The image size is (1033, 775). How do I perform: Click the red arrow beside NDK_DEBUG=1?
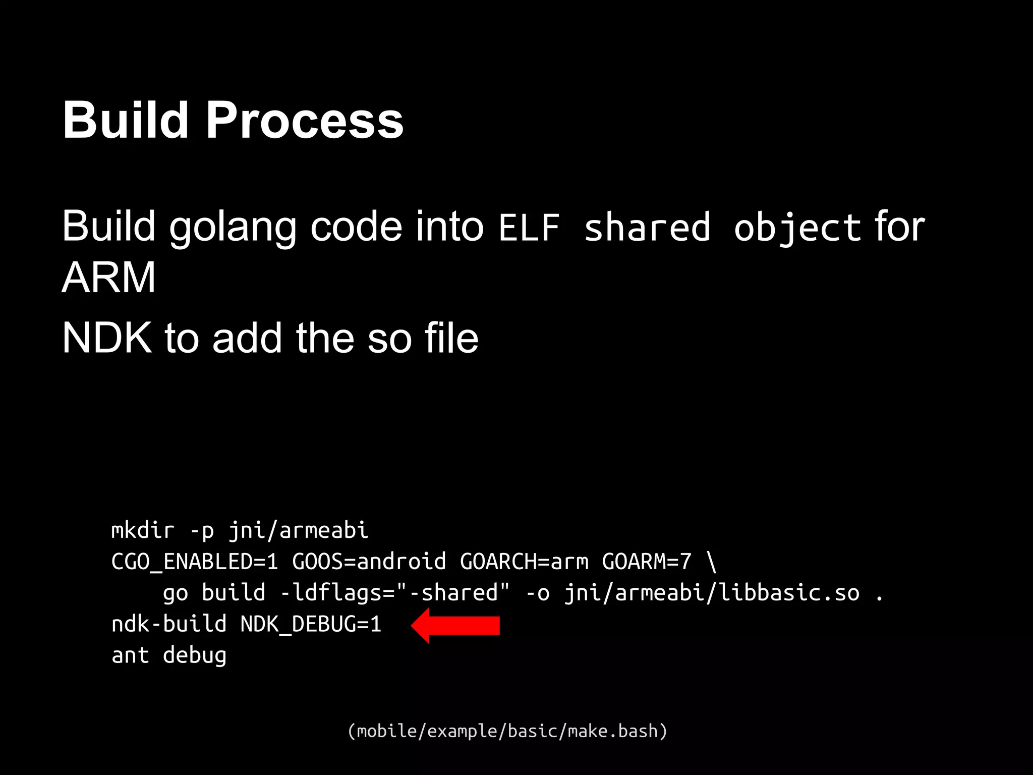click(455, 625)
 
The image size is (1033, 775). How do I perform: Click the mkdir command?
click(143, 530)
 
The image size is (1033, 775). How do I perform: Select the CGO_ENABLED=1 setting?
click(195, 562)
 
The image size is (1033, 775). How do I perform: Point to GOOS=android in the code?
click(369, 562)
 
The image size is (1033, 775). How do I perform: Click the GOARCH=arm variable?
click(524, 562)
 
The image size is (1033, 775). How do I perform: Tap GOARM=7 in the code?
click(647, 562)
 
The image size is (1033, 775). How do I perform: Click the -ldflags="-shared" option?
click(395, 593)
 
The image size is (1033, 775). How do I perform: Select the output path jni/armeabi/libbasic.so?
click(712, 593)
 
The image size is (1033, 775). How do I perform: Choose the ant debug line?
click(169, 655)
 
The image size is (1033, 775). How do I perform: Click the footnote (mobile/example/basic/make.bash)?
click(507, 731)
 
